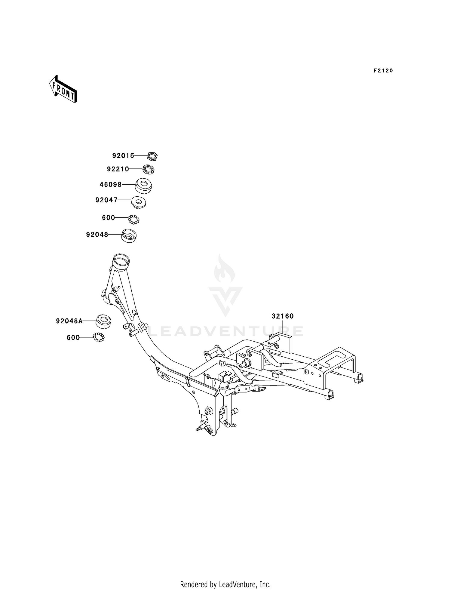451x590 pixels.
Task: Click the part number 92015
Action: click(123, 155)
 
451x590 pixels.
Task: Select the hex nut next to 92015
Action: click(152, 156)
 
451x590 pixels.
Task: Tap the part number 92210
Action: click(118, 169)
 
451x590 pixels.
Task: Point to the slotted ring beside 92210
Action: click(148, 169)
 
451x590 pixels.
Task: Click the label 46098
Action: click(111, 184)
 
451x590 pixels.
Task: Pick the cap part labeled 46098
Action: click(143, 186)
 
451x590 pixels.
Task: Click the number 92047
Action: click(106, 200)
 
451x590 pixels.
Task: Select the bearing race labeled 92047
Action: click(139, 202)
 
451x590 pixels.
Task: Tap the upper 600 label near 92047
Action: click(109, 217)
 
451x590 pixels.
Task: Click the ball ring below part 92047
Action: click(134, 220)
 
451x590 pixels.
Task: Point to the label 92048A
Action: click(69, 321)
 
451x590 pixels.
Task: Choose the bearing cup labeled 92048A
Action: click(103, 321)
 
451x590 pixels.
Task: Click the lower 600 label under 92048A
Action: click(73, 338)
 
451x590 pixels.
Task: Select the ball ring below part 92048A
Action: click(99, 337)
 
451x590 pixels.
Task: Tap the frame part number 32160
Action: click(283, 316)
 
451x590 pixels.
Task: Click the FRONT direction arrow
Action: click(63, 89)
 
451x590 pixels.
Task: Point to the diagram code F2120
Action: click(383, 71)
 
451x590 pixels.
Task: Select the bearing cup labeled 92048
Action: click(129, 235)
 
